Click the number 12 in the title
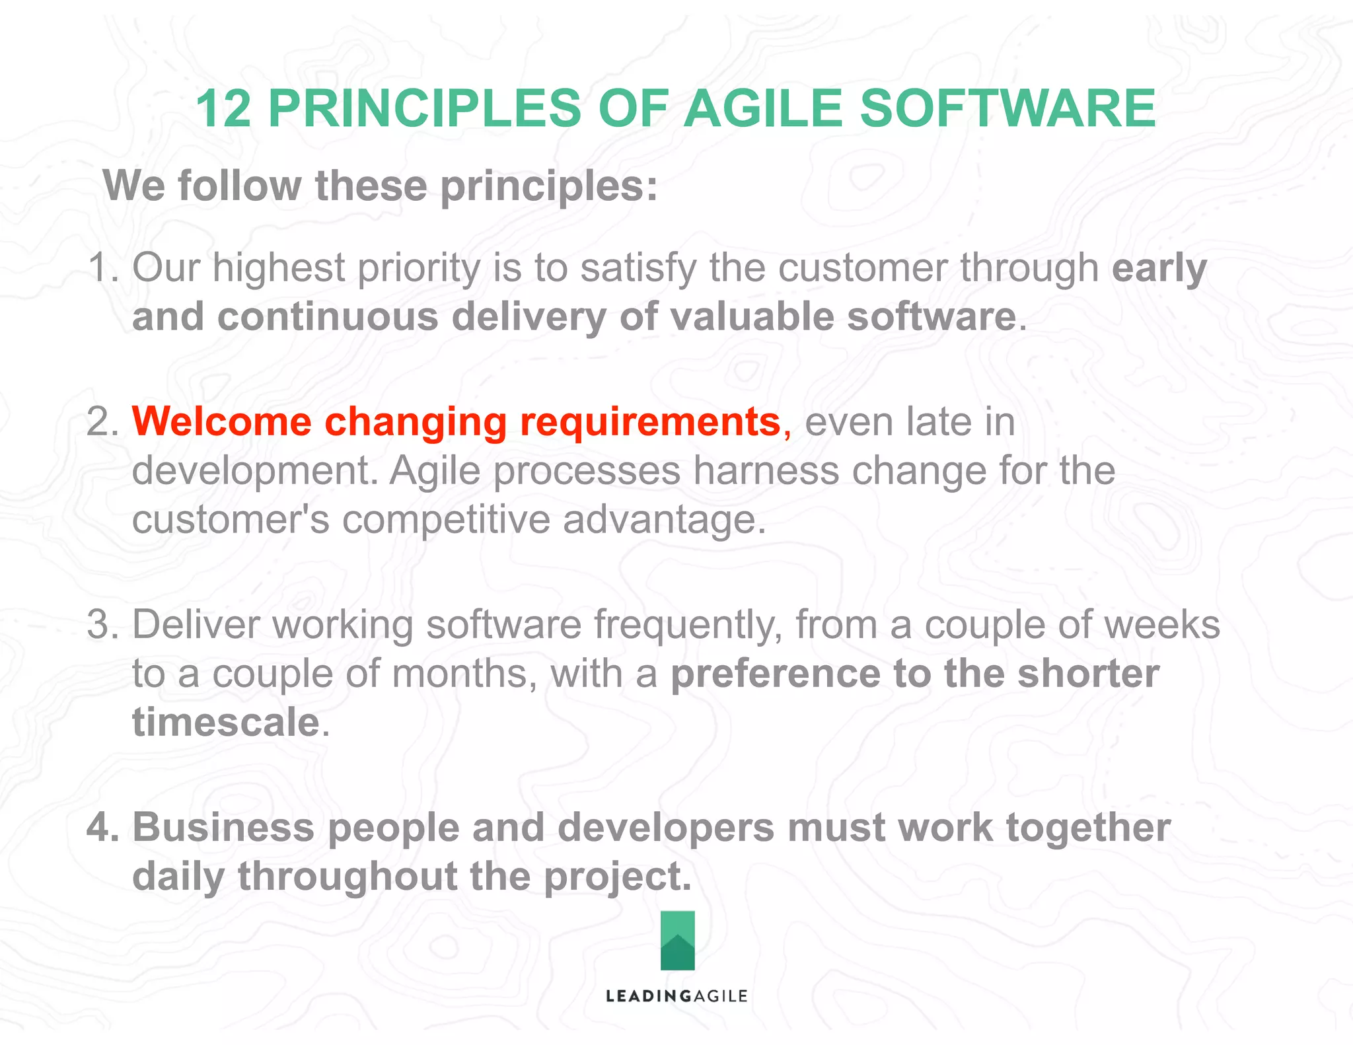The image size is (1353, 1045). [x=223, y=109]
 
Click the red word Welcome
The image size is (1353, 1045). [x=222, y=422]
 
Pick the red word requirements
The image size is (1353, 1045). [x=650, y=422]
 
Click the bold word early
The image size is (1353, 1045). [x=1159, y=268]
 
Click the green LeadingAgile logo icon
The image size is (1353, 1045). [x=677, y=940]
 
